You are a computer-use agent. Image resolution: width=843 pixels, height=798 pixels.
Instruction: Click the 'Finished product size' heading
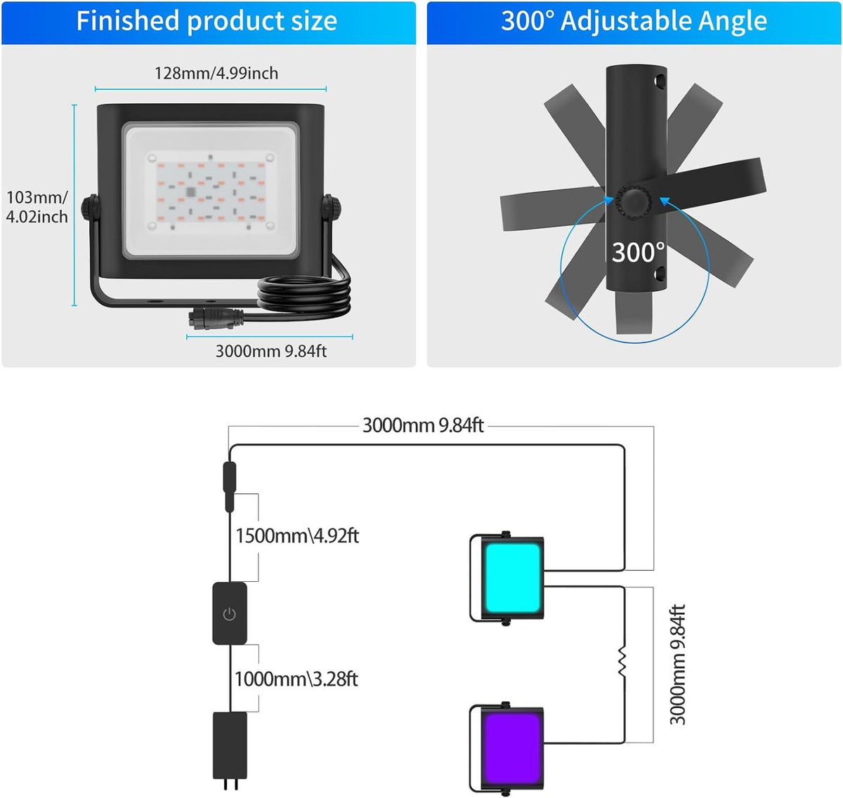tap(207, 21)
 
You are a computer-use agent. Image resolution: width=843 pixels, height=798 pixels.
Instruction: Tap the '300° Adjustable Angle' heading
tap(634, 21)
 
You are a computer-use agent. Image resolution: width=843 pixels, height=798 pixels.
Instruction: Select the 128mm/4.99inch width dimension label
tap(216, 73)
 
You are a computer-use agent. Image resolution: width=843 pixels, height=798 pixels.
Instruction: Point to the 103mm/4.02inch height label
tap(37, 207)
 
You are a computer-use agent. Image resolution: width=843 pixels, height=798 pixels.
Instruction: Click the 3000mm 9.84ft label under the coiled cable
tap(271, 352)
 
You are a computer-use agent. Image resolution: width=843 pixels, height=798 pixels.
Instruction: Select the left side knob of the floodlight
tap(91, 208)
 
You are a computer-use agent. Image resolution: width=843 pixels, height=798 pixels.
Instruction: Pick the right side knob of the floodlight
tap(331, 208)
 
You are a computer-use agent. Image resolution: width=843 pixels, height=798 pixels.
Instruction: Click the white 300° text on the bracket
tap(638, 253)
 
